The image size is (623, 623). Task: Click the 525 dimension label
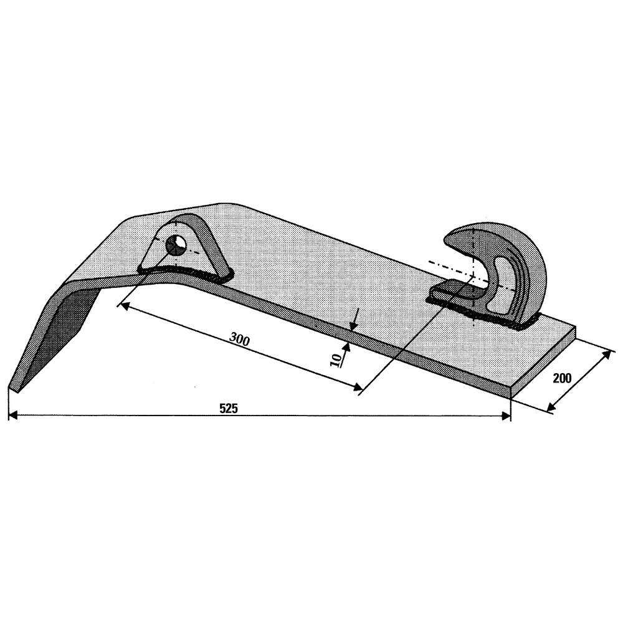[x=229, y=408]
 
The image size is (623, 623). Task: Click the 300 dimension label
[x=240, y=340]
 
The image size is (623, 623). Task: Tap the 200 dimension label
[x=562, y=378]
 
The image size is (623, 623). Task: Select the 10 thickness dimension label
[x=336, y=360]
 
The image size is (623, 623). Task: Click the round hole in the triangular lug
[x=176, y=245]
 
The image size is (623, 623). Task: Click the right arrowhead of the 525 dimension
[x=506, y=416]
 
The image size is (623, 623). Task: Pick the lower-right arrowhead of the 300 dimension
[x=358, y=387]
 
